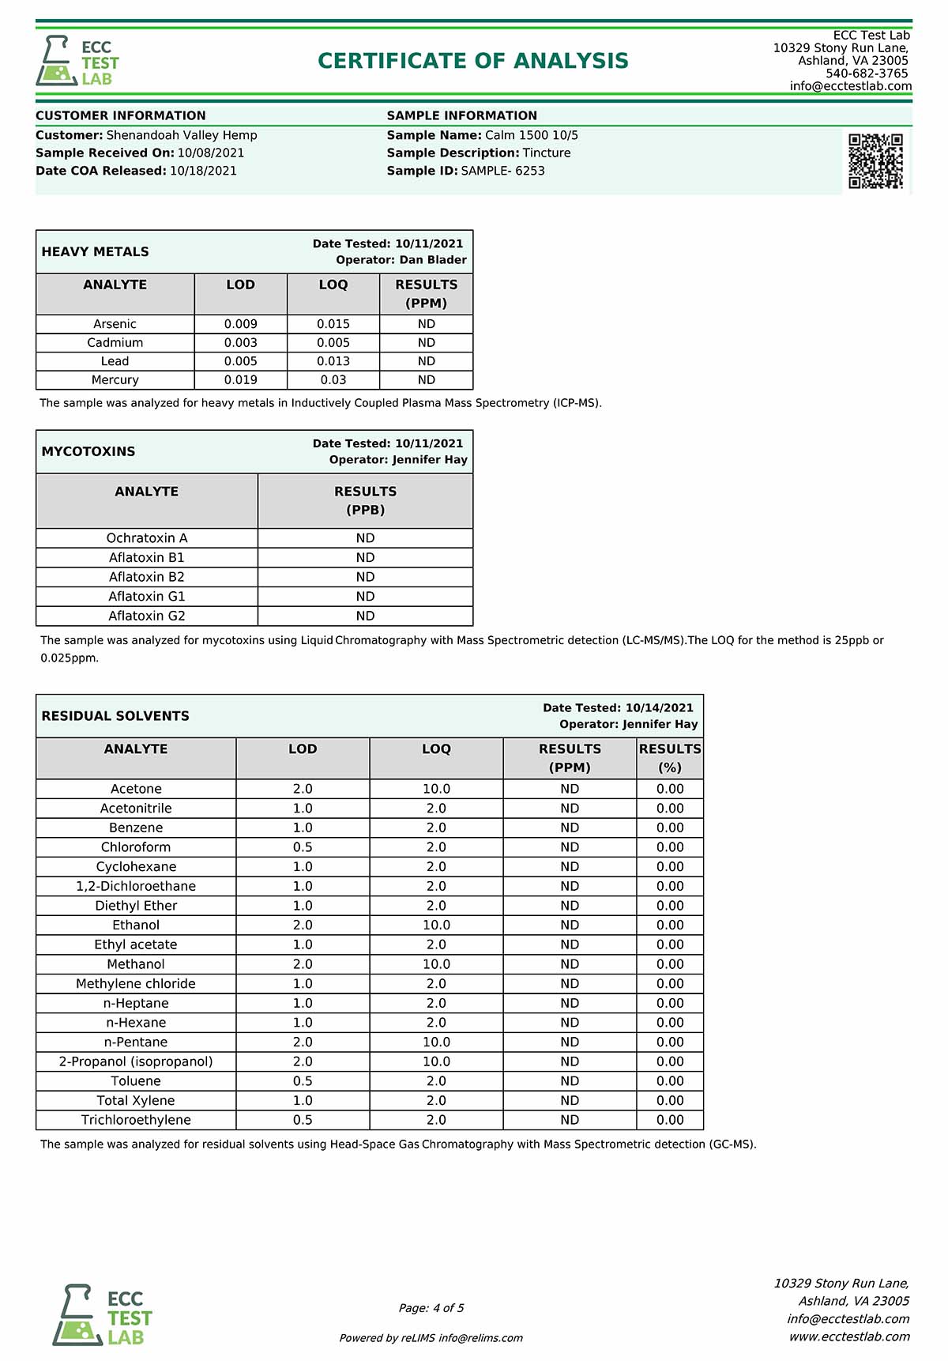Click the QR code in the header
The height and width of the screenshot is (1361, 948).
875,161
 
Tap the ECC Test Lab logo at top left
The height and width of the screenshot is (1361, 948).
77,62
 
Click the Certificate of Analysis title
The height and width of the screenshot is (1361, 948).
473,61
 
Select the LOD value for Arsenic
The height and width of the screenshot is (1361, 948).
240,324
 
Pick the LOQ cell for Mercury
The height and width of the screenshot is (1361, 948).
333,380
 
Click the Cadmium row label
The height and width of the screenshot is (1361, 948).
115,343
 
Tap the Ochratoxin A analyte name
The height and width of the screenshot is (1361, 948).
147,538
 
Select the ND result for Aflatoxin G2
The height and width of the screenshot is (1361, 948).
365,616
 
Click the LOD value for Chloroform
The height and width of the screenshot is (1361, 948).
303,847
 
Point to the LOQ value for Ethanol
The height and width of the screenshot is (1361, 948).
436,926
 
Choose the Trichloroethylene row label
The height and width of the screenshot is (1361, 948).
136,1120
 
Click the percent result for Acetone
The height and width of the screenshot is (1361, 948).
670,789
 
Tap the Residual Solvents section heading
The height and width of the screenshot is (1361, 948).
115,716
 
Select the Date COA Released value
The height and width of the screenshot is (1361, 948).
203,171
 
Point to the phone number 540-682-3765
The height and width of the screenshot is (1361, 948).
867,74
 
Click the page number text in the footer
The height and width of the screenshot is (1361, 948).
431,1308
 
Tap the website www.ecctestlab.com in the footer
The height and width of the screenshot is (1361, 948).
849,1336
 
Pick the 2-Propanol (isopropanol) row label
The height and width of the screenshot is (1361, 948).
136,1061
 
